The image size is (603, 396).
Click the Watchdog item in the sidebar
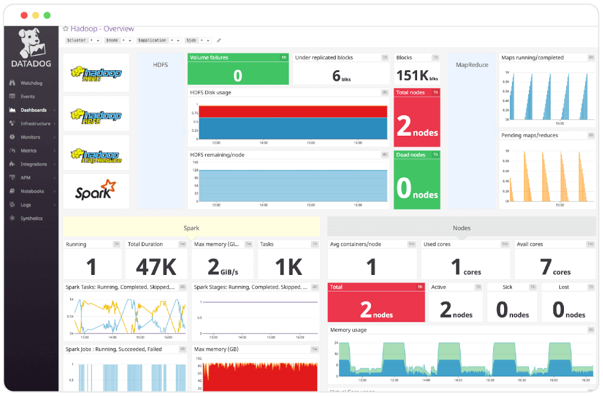[x=31, y=83]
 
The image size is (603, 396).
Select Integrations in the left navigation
[x=33, y=164]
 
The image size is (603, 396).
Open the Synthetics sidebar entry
[x=31, y=218]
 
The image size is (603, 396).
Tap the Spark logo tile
[x=95, y=191]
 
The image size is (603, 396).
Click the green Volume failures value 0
[x=238, y=75]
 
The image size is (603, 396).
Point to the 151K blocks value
[x=411, y=75]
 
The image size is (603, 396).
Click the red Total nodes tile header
[x=410, y=92]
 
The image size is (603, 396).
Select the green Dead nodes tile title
[x=410, y=155]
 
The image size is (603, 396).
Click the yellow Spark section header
[x=191, y=228]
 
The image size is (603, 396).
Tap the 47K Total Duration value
[x=156, y=267]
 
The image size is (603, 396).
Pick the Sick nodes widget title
[x=507, y=287]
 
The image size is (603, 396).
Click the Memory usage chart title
[x=348, y=330]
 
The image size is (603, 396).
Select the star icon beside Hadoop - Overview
[x=65, y=28]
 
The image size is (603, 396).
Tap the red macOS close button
[x=24, y=15]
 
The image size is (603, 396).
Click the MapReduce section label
[x=472, y=65]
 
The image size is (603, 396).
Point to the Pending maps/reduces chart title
[x=529, y=135]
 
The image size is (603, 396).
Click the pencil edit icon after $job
[x=219, y=40]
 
